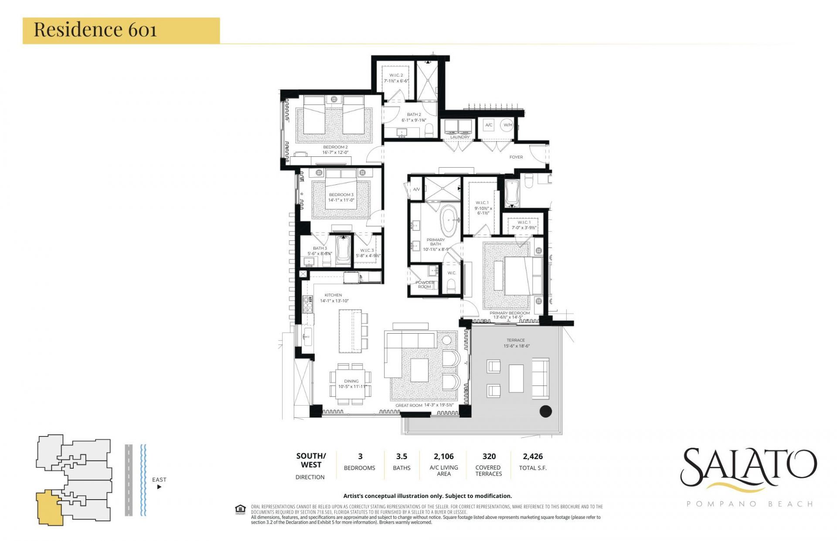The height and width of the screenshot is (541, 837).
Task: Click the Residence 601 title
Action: tap(95, 30)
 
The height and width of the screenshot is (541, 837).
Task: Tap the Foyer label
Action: tap(516, 157)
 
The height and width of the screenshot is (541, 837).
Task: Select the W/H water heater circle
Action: tap(507, 125)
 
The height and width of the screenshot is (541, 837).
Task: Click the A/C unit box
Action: tap(489, 125)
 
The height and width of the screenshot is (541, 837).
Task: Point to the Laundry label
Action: tap(459, 137)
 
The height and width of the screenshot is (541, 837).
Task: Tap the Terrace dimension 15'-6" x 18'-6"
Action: tap(515, 346)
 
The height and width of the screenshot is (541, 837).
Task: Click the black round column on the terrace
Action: tap(545, 411)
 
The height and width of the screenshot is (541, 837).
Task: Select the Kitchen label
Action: tap(333, 295)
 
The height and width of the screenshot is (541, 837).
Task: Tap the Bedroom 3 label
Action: tap(341, 195)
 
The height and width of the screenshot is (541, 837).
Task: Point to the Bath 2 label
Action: tap(414, 115)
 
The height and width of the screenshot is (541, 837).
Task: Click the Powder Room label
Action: tap(424, 284)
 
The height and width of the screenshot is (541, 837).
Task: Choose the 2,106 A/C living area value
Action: tap(443, 456)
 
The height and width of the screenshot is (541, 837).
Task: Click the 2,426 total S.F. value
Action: tap(533, 456)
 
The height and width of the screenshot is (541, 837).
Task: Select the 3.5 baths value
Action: tap(401, 456)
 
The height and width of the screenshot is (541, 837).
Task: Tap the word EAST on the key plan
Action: tap(159, 480)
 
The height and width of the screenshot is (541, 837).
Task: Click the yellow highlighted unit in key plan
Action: tap(48, 507)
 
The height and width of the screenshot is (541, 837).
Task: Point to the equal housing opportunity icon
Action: tap(240, 509)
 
